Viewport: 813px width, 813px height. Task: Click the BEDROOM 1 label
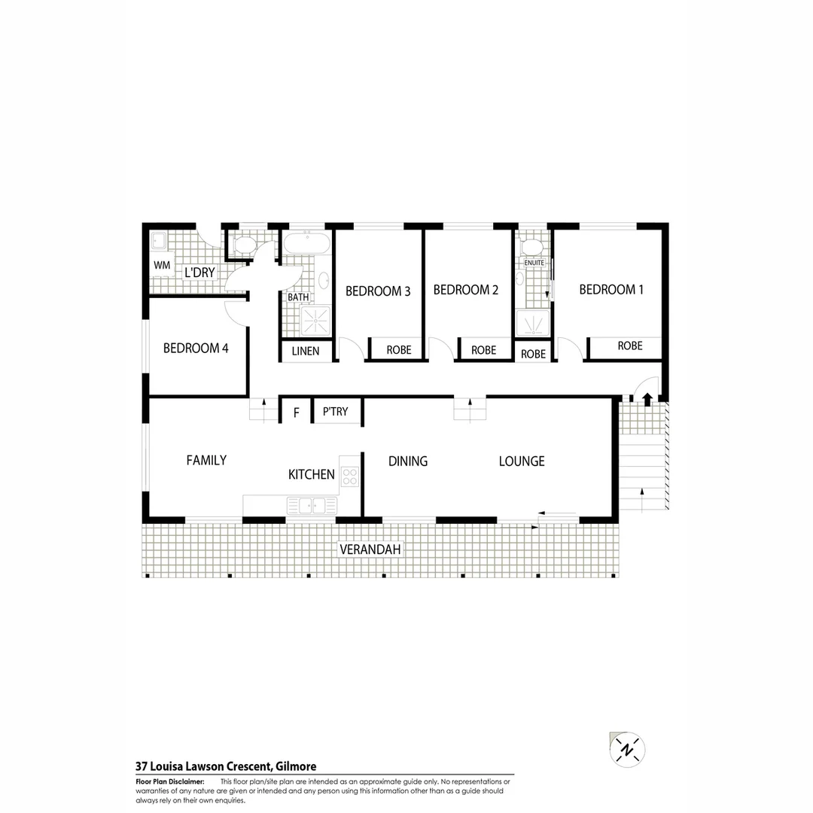(611, 290)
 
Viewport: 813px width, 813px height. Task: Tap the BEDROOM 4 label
(195, 349)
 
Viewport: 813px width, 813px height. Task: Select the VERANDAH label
(370, 550)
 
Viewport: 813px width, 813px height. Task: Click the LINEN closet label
(306, 351)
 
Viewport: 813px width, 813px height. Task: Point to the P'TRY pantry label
(335, 412)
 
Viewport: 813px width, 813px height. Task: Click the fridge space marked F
(296, 413)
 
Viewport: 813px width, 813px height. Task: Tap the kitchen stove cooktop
(349, 476)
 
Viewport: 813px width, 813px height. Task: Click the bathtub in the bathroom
(306, 243)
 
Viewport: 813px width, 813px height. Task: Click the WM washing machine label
(161, 266)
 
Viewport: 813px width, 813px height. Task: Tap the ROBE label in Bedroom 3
(398, 350)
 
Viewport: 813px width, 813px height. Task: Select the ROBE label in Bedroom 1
(629, 346)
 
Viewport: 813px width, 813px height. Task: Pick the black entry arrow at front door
(647, 399)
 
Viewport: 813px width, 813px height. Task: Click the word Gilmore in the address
(295, 767)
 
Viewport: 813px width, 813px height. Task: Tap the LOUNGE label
(521, 461)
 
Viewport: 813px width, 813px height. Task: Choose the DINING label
(407, 461)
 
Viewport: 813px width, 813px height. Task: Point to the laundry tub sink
(159, 241)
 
